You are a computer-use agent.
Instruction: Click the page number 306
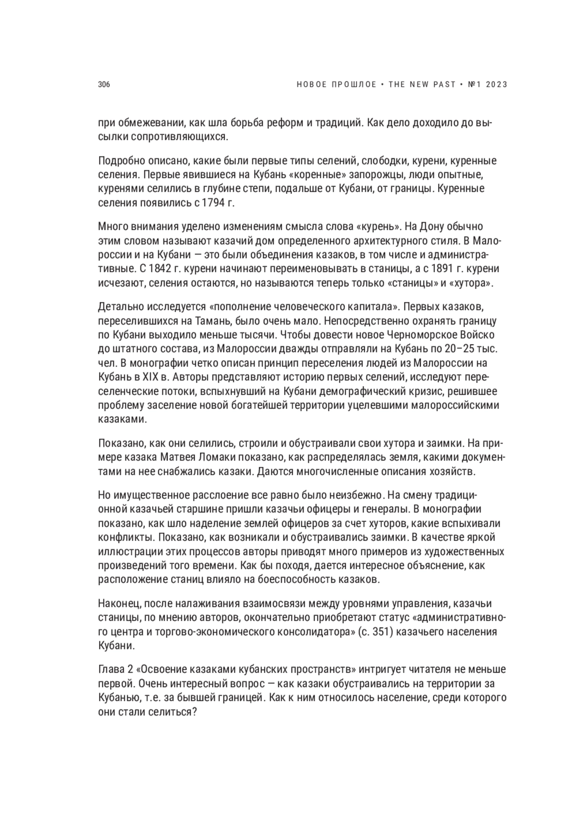pyautogui.click(x=103, y=85)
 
